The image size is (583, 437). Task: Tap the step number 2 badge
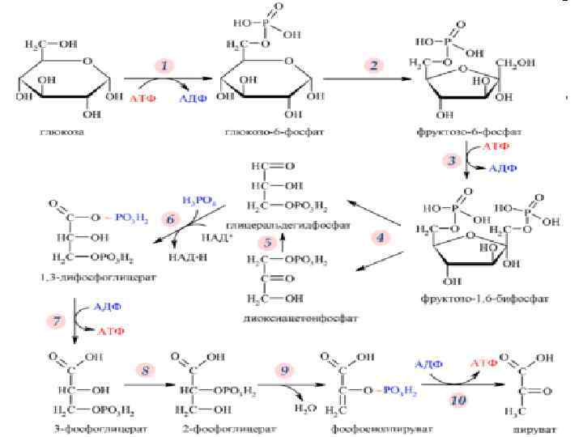(374, 66)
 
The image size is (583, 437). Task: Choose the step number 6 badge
(170, 219)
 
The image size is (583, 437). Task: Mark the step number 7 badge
(57, 322)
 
